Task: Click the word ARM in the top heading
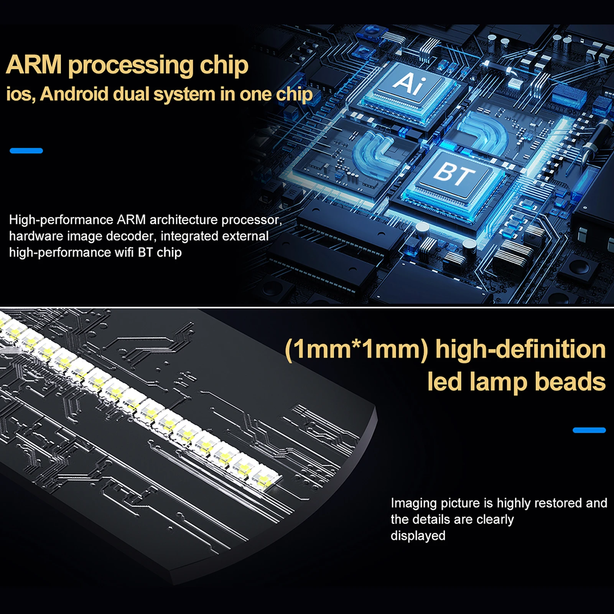(34, 64)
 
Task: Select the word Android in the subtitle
(74, 94)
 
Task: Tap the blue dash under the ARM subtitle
(26, 151)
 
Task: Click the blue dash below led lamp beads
(589, 430)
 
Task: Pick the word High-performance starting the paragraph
(61, 220)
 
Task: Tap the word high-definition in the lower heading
(520, 349)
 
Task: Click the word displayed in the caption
(418, 536)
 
